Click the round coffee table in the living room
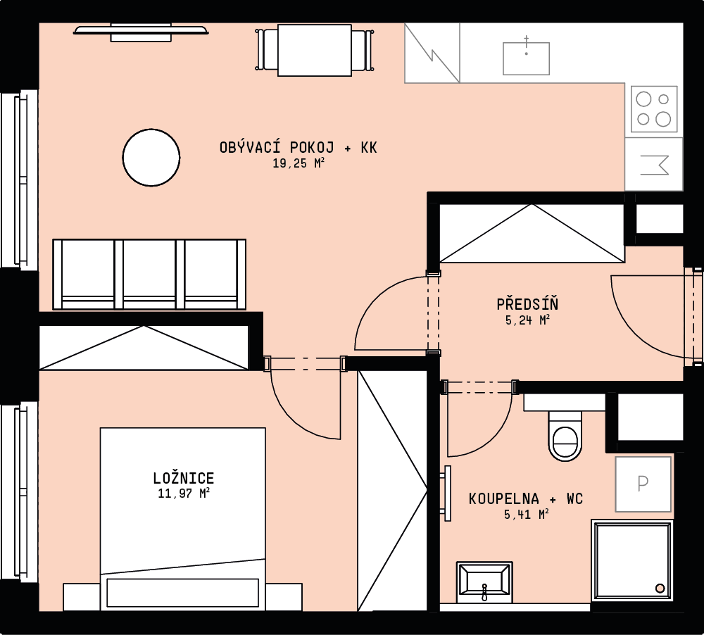click(x=151, y=157)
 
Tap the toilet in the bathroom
click(x=565, y=436)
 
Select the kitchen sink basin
click(x=526, y=58)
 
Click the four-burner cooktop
click(x=654, y=109)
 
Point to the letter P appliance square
click(x=643, y=484)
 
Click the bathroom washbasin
click(x=484, y=581)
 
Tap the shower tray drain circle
click(x=660, y=588)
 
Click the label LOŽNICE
click(x=184, y=477)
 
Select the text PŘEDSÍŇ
click(x=527, y=304)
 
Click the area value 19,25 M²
click(x=298, y=163)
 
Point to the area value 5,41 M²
click(x=527, y=514)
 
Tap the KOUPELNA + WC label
click(x=526, y=498)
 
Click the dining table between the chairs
click(x=314, y=50)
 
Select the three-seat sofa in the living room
click(x=149, y=275)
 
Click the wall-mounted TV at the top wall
click(x=141, y=32)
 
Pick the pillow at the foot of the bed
click(x=183, y=592)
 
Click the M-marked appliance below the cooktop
click(x=654, y=164)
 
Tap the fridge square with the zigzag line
click(x=432, y=53)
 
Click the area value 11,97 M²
click(x=184, y=493)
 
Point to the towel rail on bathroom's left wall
click(x=447, y=493)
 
